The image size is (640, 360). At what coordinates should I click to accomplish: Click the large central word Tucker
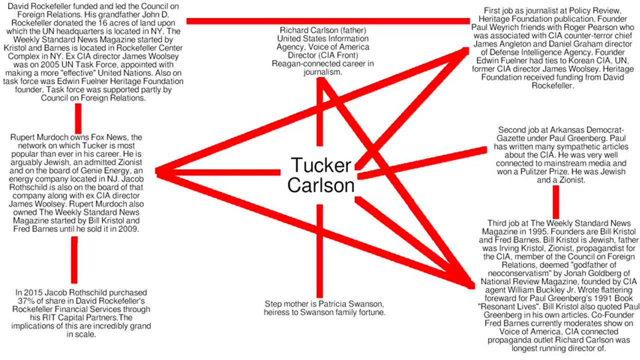coord(320,165)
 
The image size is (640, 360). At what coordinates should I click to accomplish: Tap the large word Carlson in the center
coord(320,185)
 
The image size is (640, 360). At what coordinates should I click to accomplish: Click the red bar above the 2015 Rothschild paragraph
coord(74,260)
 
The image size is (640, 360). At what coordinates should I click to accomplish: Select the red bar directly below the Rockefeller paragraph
coord(78,118)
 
